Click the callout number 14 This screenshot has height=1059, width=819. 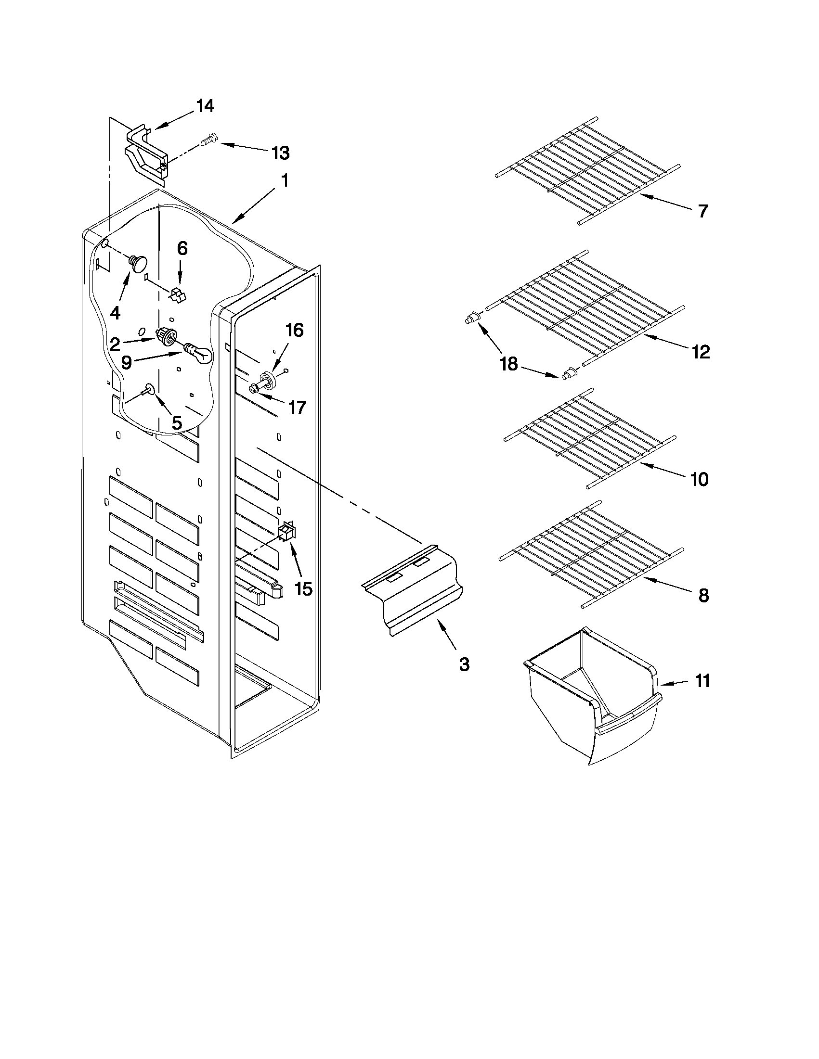(205, 106)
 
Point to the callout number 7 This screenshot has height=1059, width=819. (703, 211)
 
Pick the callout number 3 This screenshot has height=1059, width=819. (464, 664)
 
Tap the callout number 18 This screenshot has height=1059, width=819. (509, 364)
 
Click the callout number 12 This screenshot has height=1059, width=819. (701, 352)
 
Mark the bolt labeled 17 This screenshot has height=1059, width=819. (256, 387)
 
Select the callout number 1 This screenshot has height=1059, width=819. (285, 181)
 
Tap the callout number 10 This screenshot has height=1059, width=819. (700, 479)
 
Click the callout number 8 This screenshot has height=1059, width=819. (703, 596)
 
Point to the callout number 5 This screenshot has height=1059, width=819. (177, 422)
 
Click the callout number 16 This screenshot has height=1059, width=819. (295, 330)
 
